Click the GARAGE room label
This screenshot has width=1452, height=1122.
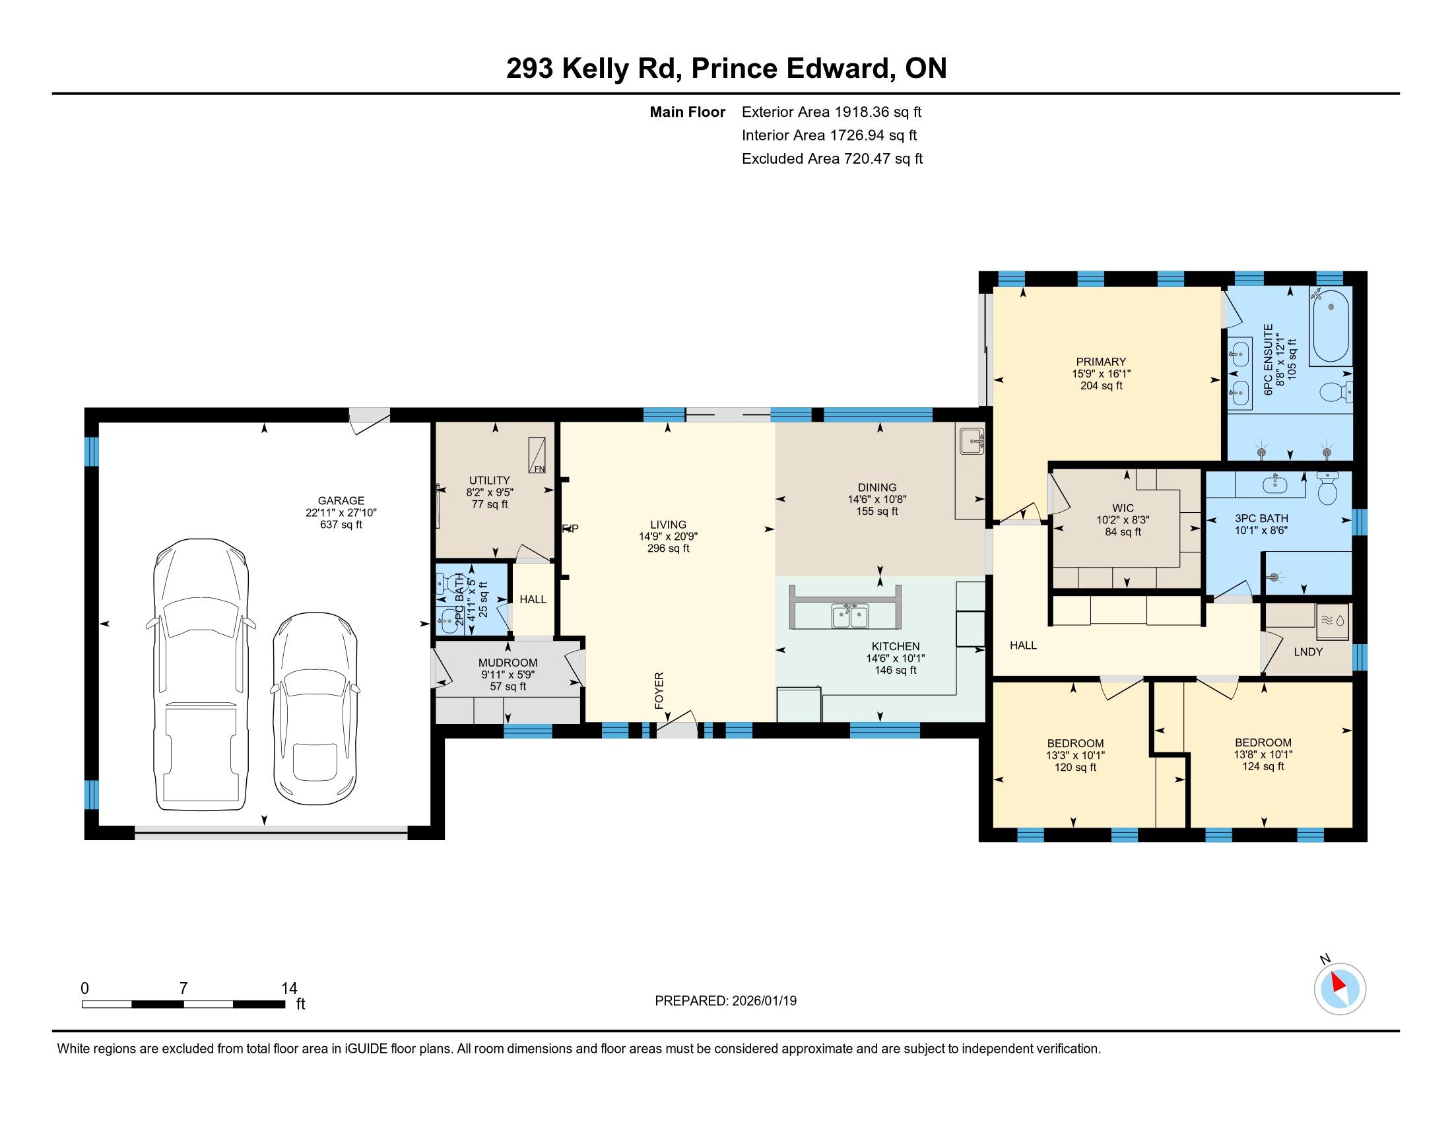click(341, 500)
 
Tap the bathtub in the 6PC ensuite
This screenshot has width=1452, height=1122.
click(1330, 325)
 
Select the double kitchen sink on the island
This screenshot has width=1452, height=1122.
click(850, 616)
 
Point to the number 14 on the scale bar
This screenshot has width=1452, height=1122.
click(289, 989)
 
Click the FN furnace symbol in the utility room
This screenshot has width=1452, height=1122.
click(537, 455)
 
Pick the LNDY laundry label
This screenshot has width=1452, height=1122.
click(1307, 652)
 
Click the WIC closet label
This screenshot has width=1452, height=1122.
click(1123, 508)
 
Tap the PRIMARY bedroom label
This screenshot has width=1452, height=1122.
click(1101, 362)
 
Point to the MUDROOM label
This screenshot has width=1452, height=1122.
click(508, 663)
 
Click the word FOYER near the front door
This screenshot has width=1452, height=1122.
click(659, 690)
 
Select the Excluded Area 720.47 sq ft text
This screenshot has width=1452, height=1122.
click(832, 159)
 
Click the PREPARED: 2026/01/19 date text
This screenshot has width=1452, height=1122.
click(725, 1001)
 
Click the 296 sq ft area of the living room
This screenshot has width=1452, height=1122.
click(668, 548)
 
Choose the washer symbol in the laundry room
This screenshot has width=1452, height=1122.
click(1333, 620)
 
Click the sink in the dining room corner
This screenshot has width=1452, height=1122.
click(972, 441)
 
